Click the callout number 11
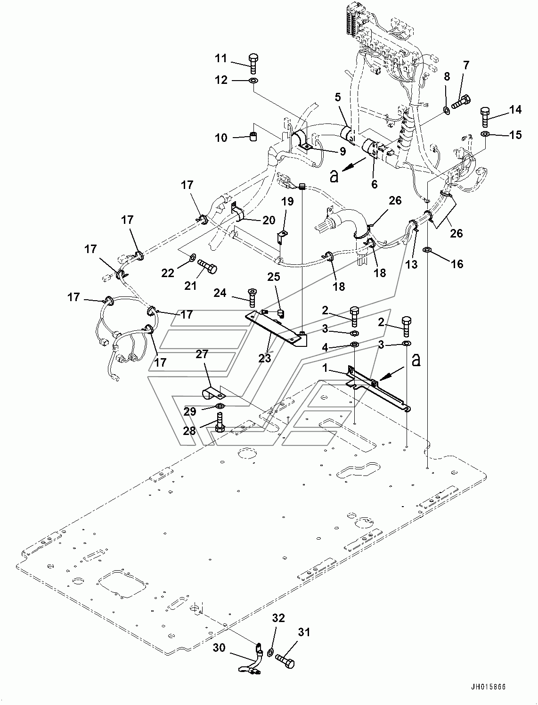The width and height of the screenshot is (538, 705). click(x=221, y=58)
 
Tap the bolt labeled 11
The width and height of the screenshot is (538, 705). click(x=253, y=64)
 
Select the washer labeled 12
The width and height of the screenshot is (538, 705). click(x=253, y=80)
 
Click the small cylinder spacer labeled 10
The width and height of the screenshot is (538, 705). click(x=254, y=137)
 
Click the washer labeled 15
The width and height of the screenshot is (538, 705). click(x=485, y=133)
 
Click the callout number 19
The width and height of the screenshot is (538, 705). click(x=287, y=202)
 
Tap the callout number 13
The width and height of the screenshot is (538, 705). click(x=412, y=264)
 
